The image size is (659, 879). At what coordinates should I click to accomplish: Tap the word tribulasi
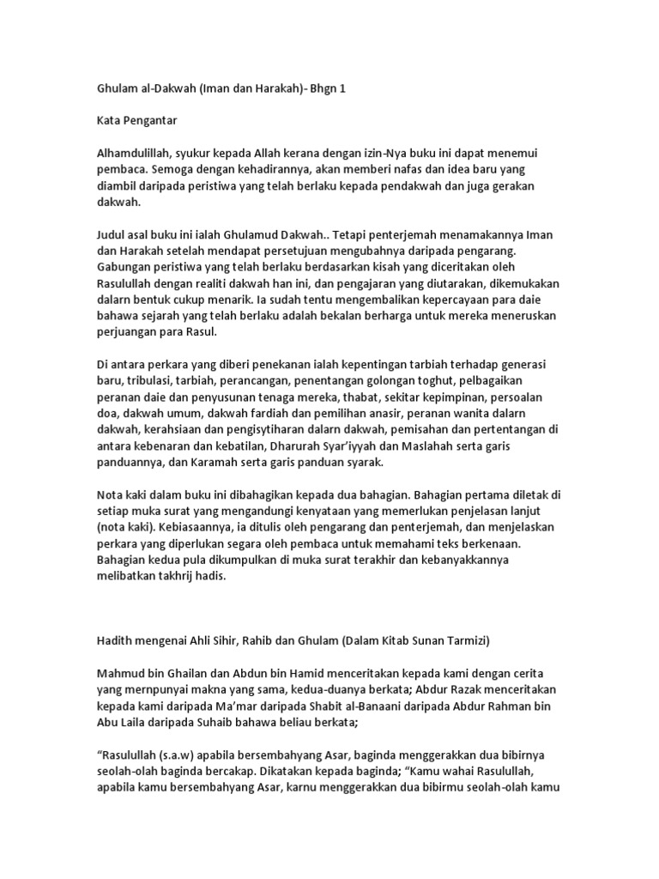click(x=155, y=381)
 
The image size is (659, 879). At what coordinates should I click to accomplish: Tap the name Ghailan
click(x=196, y=675)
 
